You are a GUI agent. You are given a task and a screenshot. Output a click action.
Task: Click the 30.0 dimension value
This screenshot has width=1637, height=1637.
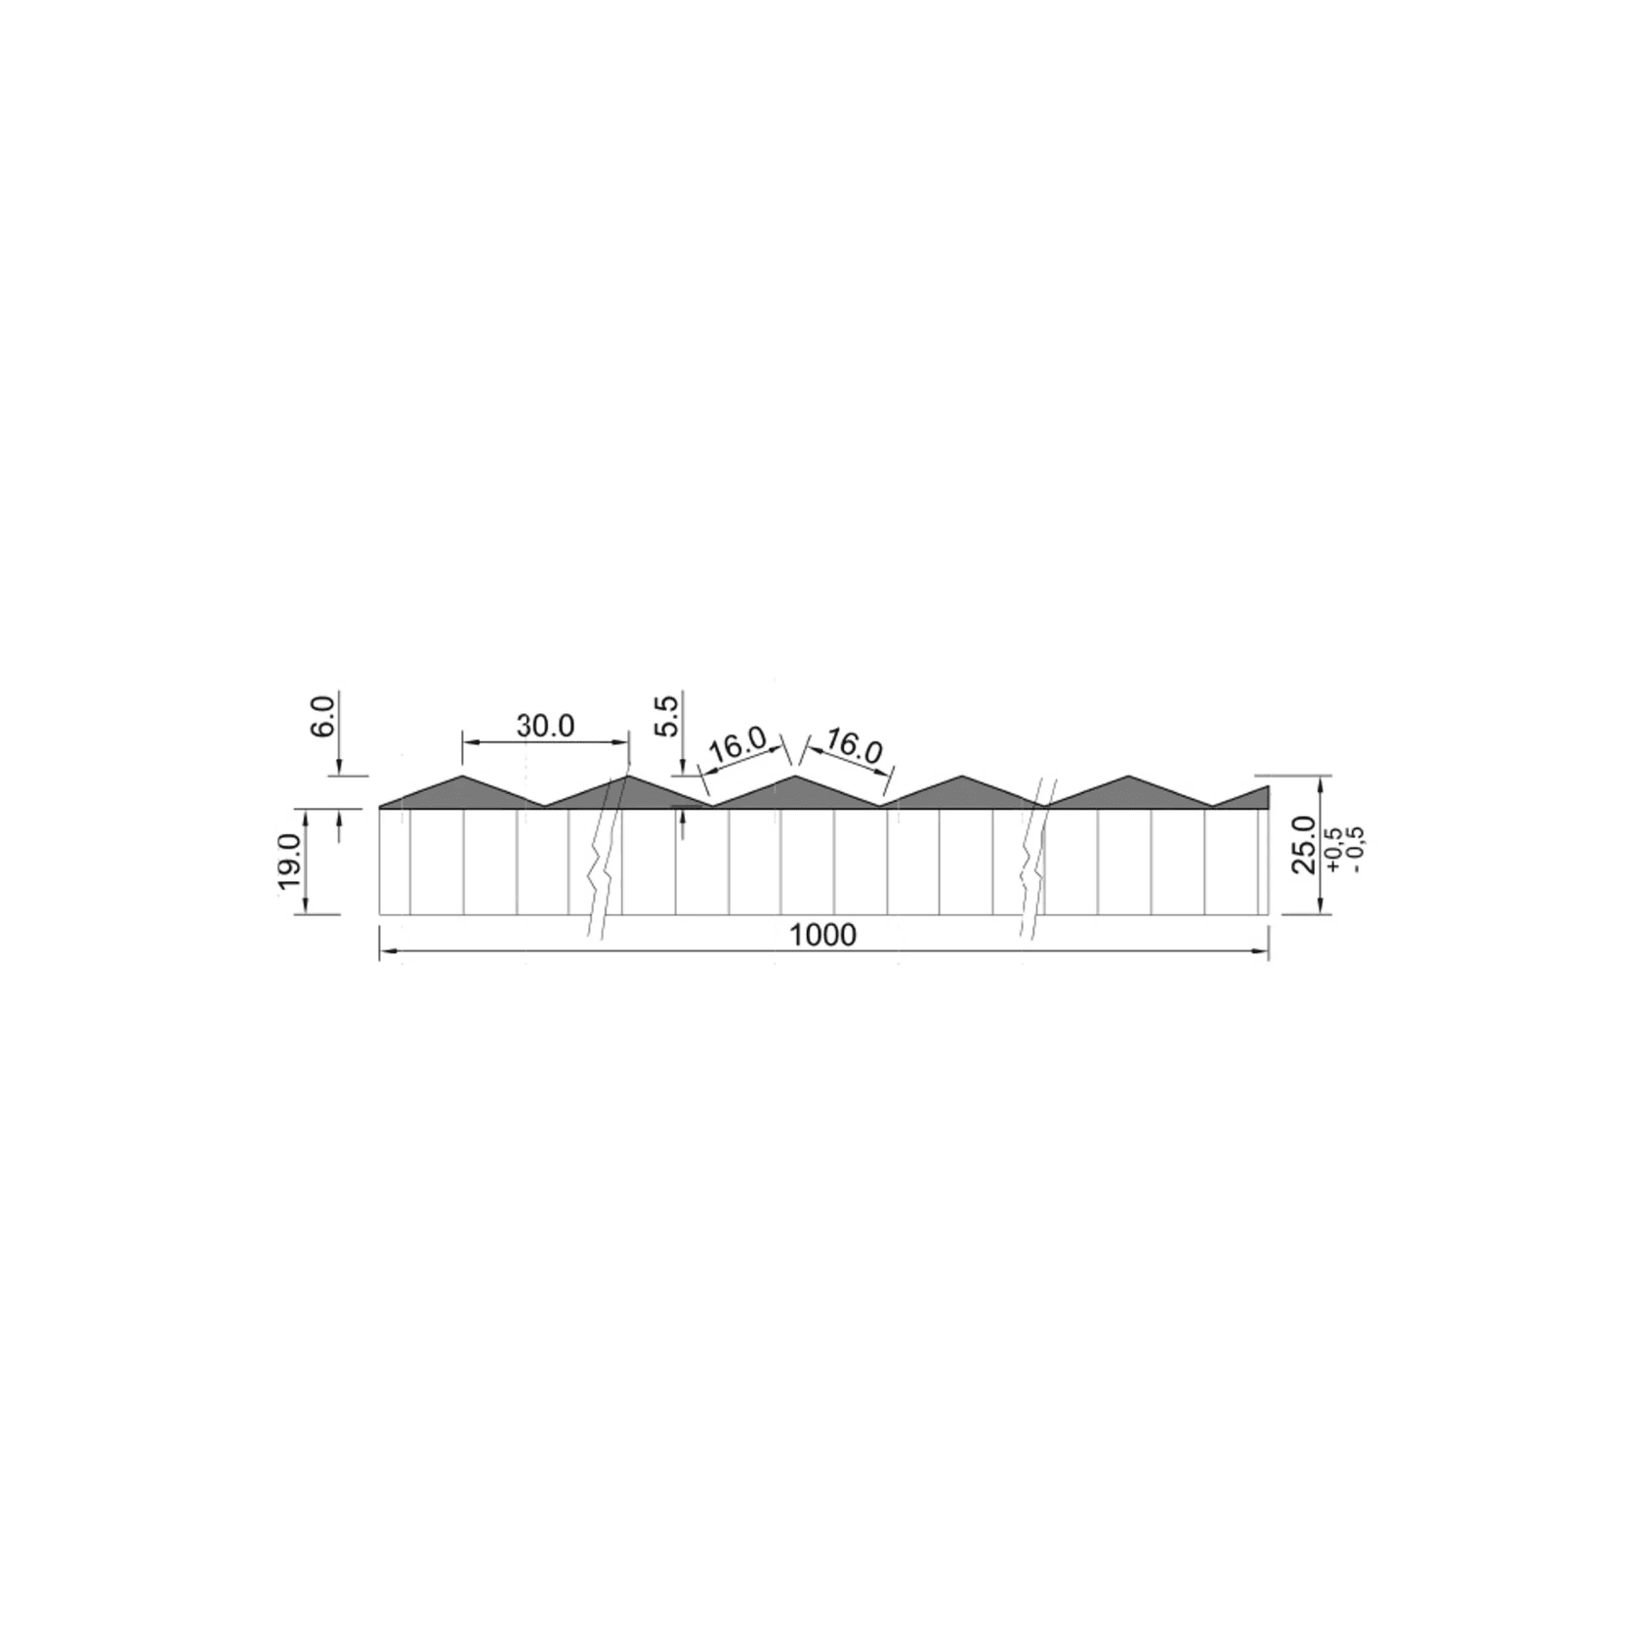pyautogui.click(x=545, y=726)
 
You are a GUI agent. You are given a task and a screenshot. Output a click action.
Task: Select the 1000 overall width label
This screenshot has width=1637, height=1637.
pyautogui.click(x=822, y=935)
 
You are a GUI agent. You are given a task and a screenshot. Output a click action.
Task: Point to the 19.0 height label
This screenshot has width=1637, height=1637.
pyautogui.click(x=288, y=861)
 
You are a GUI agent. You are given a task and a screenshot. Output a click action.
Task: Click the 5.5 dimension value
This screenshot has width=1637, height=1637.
pyautogui.click(x=666, y=716)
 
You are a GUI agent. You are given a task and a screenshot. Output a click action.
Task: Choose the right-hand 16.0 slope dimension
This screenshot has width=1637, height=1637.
pyautogui.click(x=854, y=747)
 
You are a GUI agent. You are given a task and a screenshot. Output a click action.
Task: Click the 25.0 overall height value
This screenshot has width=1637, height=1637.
pyautogui.click(x=1304, y=847)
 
